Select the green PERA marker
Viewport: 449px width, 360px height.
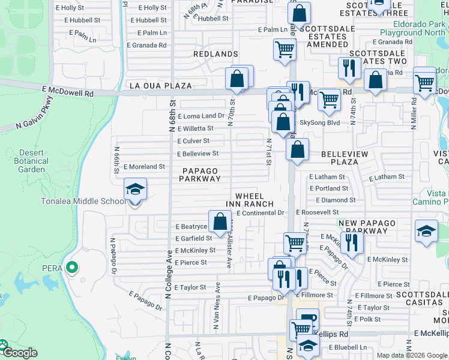click(x=73, y=268)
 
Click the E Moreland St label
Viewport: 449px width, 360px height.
click(x=144, y=167)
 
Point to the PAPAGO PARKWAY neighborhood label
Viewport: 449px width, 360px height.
click(x=199, y=175)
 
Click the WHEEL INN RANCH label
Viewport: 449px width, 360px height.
click(x=254, y=200)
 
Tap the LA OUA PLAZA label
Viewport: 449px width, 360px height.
click(x=161, y=86)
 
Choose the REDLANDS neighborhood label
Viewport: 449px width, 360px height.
click(x=216, y=54)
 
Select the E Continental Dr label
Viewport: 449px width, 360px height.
click(x=260, y=213)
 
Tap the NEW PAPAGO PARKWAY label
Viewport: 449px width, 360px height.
click(x=364, y=227)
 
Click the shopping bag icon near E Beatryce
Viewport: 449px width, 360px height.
click(x=220, y=221)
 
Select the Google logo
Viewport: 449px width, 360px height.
click(x=19, y=353)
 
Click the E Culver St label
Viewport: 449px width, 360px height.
click(x=193, y=141)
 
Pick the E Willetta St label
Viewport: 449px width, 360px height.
click(x=195, y=128)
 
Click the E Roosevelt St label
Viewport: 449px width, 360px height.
click(x=318, y=212)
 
